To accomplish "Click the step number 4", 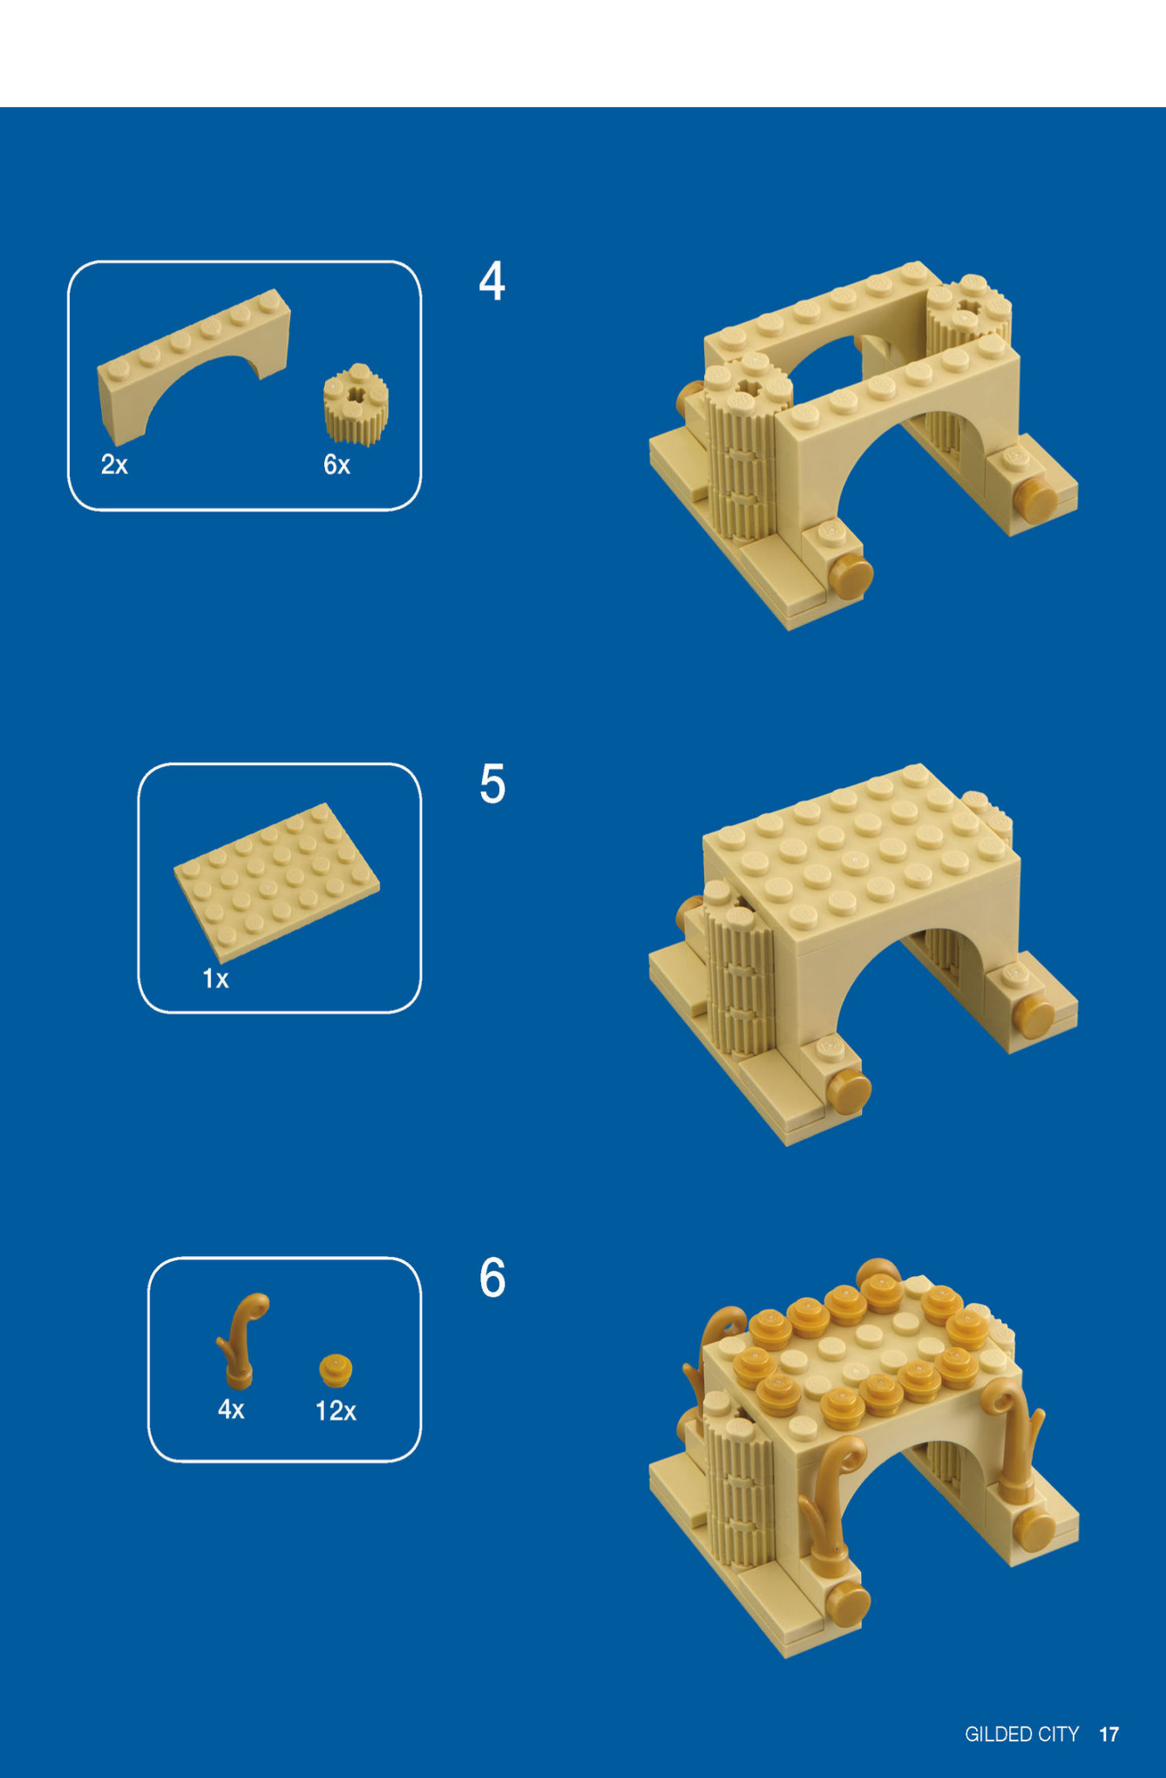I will click(492, 282).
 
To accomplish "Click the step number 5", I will click(492, 784).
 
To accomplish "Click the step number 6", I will click(492, 1278).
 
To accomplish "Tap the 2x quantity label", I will click(114, 465).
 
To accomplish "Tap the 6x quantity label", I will click(336, 465).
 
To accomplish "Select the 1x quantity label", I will click(215, 979).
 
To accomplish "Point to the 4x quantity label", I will click(231, 1409).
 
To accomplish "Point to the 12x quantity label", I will click(336, 1410).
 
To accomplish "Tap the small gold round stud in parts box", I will click(336, 1369).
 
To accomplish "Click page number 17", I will click(1108, 1734).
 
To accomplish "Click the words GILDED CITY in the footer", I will click(1021, 1734).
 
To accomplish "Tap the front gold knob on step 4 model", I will click(850, 578).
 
